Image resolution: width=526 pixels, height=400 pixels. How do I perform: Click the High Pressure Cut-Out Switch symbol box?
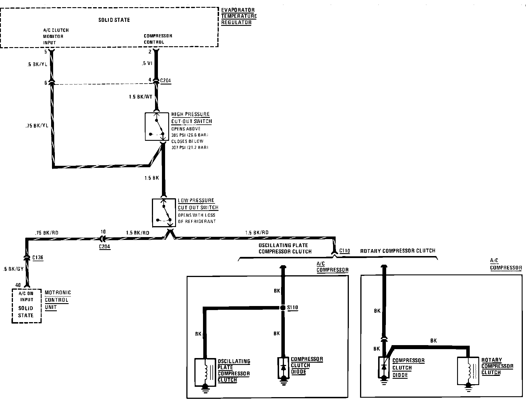pos(156,127)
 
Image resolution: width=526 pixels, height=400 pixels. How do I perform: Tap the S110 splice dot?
pos(283,308)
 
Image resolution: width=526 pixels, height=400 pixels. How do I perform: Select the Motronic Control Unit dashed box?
pos(26,305)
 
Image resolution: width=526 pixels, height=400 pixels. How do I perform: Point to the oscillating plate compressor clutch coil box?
pos(205,372)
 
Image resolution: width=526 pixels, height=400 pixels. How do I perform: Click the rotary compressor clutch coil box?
pos(468,371)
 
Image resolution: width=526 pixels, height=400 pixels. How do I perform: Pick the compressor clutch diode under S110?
pos(283,368)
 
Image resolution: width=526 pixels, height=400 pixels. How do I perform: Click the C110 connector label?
pos(345,251)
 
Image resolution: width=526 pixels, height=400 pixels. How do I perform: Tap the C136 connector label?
pos(38,257)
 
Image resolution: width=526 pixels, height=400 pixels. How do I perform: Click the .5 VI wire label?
pos(147,64)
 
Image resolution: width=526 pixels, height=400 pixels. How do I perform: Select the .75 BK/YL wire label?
pos(36,126)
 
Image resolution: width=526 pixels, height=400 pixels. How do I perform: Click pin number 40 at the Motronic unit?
pos(18,285)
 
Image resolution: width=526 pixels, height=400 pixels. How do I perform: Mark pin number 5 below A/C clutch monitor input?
pos(45,52)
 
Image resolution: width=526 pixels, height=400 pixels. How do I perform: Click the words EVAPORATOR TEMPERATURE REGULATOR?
pos(239,16)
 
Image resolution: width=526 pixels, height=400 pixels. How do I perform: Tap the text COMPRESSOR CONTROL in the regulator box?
pos(158,39)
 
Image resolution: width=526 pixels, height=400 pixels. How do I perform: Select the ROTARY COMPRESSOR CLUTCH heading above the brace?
pos(398,251)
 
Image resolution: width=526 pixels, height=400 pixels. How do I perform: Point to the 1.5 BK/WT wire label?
pos(140,97)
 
